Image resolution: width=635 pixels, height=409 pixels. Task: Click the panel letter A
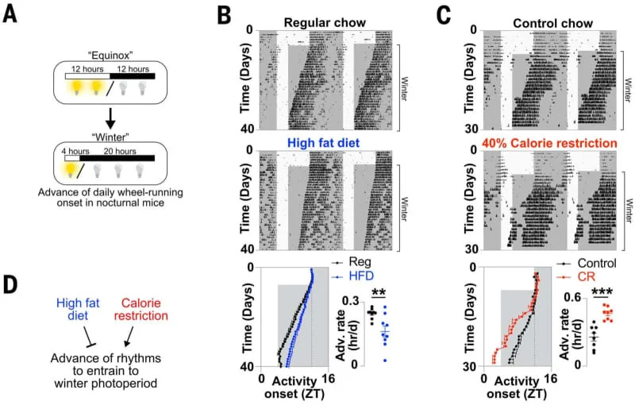11,15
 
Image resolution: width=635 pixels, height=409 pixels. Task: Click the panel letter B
225,15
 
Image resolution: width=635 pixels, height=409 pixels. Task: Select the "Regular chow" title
316,22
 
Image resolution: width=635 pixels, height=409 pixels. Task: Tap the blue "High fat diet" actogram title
317,143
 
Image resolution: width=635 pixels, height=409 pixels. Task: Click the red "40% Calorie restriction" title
541,143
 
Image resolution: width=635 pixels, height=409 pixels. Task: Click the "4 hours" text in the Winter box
79,148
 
